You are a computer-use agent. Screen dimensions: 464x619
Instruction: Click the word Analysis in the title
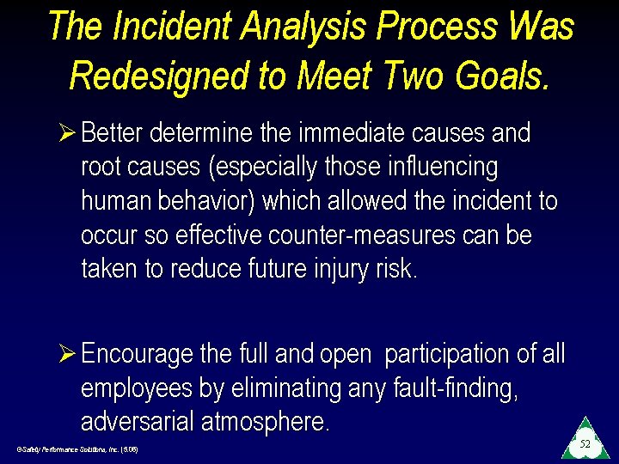pyautogui.click(x=298, y=27)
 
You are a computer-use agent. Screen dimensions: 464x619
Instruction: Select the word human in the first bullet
pyautogui.click(x=115, y=201)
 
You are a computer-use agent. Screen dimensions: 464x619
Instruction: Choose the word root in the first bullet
pyautogui.click(x=101, y=168)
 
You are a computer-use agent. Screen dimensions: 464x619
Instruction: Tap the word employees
pyautogui.click(x=138, y=389)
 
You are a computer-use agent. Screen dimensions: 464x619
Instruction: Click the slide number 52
pyautogui.click(x=585, y=444)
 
